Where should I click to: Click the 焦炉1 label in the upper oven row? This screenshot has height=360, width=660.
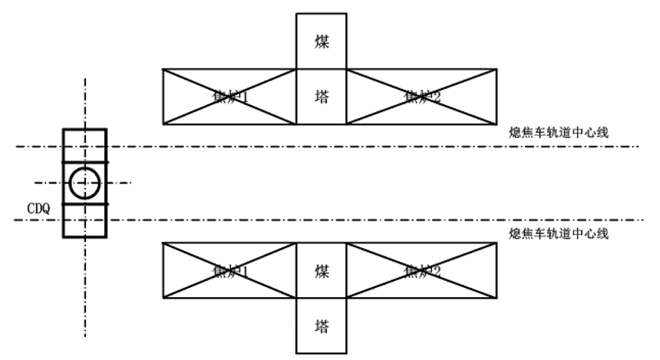[x=228, y=97]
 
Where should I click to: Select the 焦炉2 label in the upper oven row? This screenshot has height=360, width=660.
[x=422, y=97]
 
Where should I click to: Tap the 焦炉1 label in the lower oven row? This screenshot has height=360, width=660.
[x=228, y=271]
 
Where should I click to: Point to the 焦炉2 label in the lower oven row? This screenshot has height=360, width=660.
[x=422, y=271]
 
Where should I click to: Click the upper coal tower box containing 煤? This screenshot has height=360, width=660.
[x=322, y=41]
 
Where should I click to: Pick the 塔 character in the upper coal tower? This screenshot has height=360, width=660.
[x=322, y=97]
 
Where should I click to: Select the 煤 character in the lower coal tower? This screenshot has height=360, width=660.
[x=322, y=271]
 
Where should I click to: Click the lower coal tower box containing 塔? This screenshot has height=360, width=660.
[x=322, y=325]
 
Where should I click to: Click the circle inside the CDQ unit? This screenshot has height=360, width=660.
[x=84, y=183]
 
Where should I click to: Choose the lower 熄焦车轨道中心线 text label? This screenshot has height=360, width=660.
[x=559, y=233]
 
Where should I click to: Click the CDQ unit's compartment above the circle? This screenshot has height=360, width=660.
[x=84, y=145]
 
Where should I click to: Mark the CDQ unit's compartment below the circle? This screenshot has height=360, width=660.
[x=84, y=221]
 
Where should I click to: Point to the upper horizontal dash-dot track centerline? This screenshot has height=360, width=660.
[x=384, y=146]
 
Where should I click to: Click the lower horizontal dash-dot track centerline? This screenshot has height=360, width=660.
[x=384, y=221]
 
